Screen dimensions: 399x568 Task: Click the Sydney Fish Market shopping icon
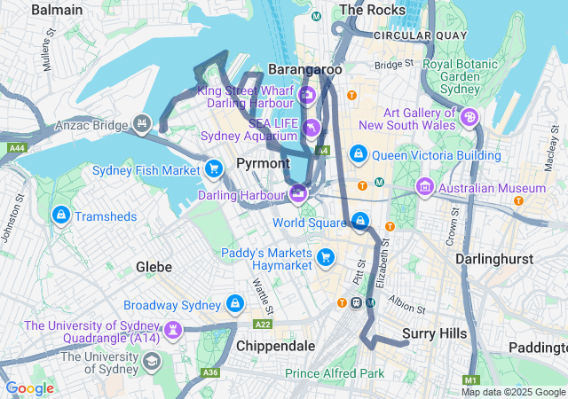(x=213, y=168)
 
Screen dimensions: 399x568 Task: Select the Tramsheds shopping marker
(x=60, y=215)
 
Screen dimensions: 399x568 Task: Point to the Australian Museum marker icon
(x=424, y=188)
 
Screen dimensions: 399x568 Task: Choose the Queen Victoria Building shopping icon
(x=358, y=153)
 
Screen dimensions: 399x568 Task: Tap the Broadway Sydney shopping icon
(x=234, y=304)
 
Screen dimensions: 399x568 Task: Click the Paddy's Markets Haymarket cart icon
(x=327, y=258)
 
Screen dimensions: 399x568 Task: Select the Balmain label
(x=57, y=10)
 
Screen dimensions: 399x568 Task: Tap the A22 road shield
(x=263, y=325)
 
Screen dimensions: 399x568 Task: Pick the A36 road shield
(x=209, y=372)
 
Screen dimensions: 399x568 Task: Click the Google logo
(x=30, y=388)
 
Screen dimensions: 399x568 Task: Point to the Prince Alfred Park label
(x=335, y=373)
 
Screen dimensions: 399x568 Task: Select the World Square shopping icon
(x=360, y=220)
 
